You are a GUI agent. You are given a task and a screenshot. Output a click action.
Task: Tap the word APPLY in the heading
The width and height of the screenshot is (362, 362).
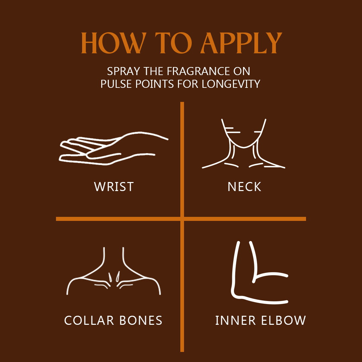point(241,43)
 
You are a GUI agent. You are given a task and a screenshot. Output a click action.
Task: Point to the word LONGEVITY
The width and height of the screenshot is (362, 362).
point(231,84)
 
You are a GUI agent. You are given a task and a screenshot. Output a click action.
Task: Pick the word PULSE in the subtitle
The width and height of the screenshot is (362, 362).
point(116,84)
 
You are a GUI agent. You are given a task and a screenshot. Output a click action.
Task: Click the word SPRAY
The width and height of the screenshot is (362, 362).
point(123,71)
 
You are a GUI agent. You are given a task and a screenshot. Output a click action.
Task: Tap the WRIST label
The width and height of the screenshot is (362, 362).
point(114,187)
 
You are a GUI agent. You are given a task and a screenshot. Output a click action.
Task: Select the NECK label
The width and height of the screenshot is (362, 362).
point(244,187)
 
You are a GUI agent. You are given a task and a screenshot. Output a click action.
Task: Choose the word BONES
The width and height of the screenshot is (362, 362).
point(141,320)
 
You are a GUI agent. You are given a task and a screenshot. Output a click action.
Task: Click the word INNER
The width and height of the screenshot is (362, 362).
point(236,320)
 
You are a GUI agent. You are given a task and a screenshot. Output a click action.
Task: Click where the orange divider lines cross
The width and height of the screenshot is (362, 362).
point(182,219)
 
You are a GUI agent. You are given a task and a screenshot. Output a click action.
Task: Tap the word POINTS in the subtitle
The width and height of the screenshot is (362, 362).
point(155,84)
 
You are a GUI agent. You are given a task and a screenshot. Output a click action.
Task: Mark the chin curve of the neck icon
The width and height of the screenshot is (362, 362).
point(244,147)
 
